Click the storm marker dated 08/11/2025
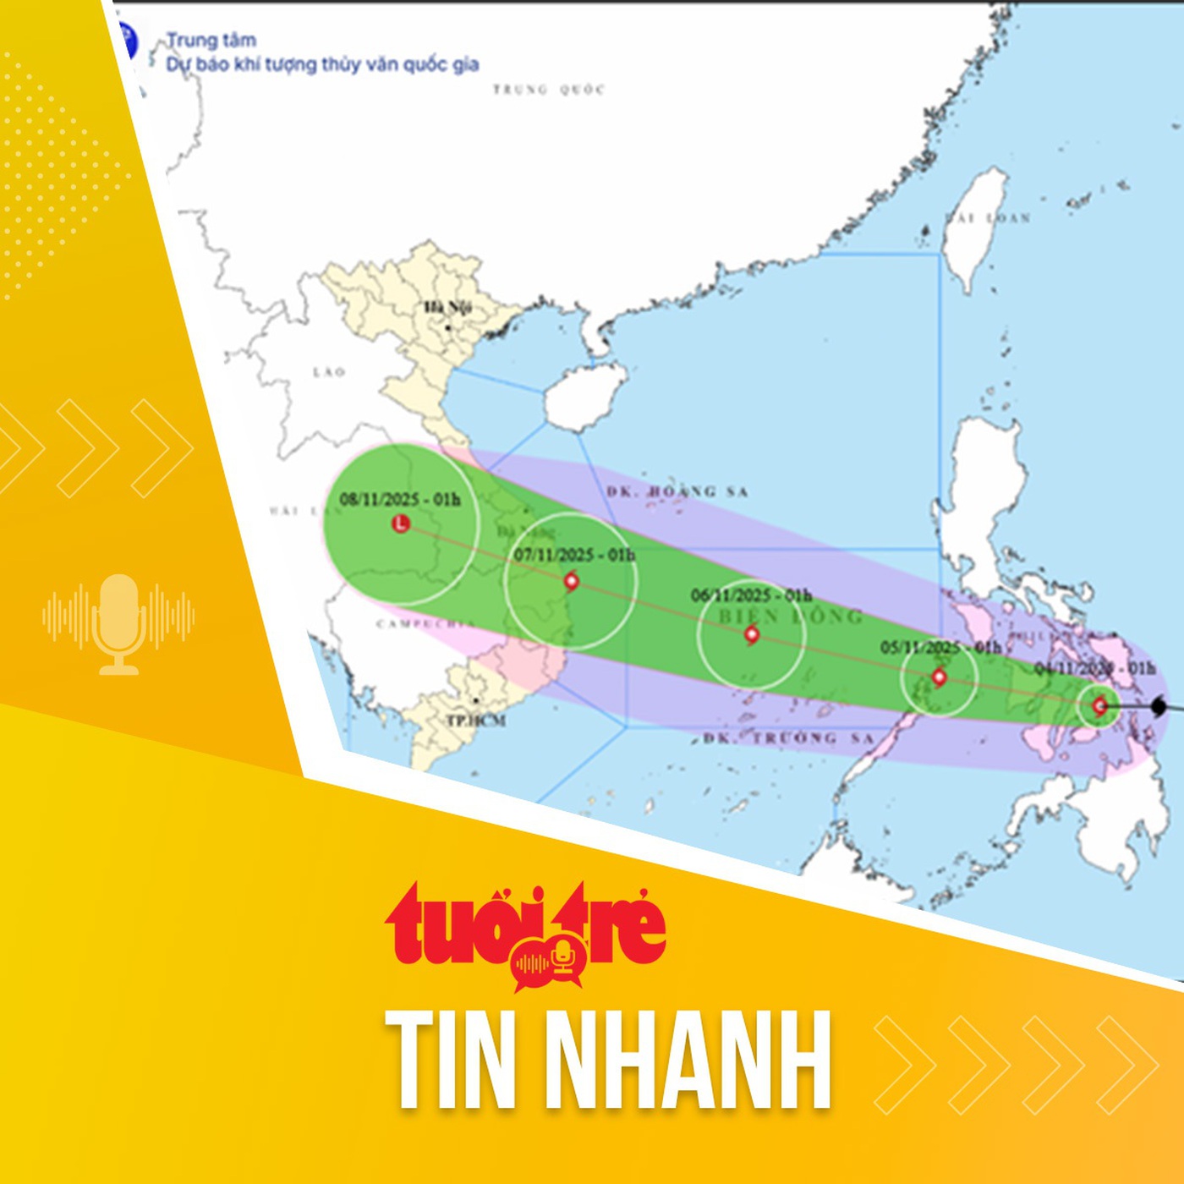tap(401, 523)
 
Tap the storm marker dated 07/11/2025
tap(572, 581)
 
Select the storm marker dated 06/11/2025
tap(752, 634)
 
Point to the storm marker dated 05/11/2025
tap(939, 677)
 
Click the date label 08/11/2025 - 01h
tap(400, 499)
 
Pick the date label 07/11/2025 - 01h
tap(574, 555)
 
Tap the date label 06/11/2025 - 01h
tap(751, 595)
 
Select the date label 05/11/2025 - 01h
tap(940, 647)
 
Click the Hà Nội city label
tap(447, 307)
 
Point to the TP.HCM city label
tap(476, 721)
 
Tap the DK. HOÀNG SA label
tap(677, 491)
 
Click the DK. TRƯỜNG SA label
tap(788, 738)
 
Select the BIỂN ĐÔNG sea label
tap(791, 617)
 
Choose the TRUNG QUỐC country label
tap(549, 90)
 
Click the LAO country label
tap(329, 372)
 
